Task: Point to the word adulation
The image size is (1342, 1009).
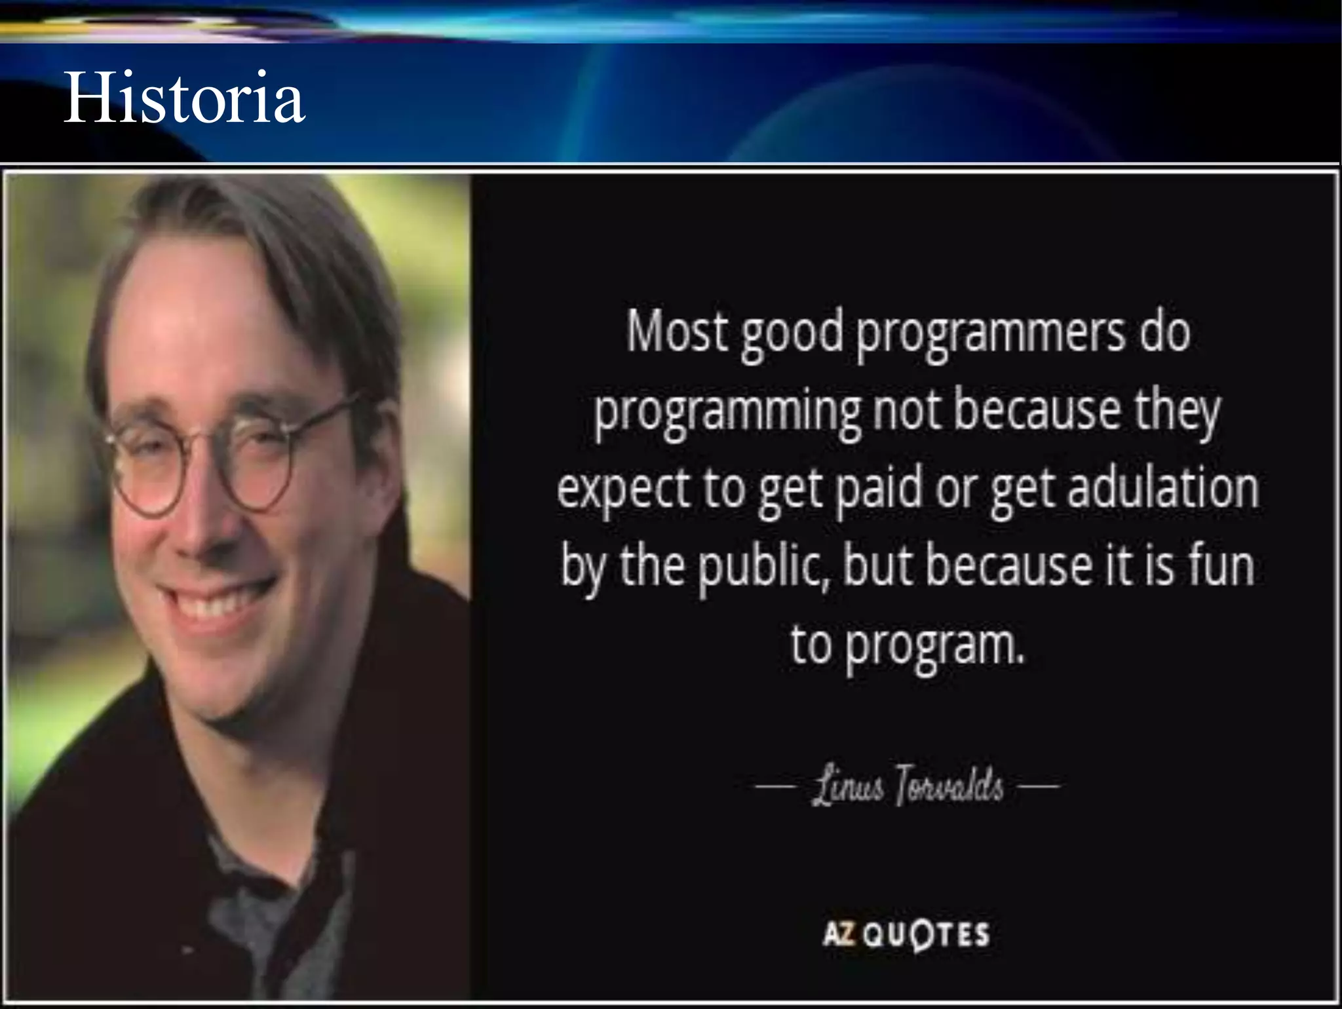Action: [1163, 489]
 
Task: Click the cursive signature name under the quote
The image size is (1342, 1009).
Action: [908, 786]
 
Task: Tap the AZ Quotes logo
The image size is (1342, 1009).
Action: [906, 933]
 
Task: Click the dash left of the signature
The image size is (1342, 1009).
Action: [776, 785]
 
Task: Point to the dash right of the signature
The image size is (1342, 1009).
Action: [1039, 785]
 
